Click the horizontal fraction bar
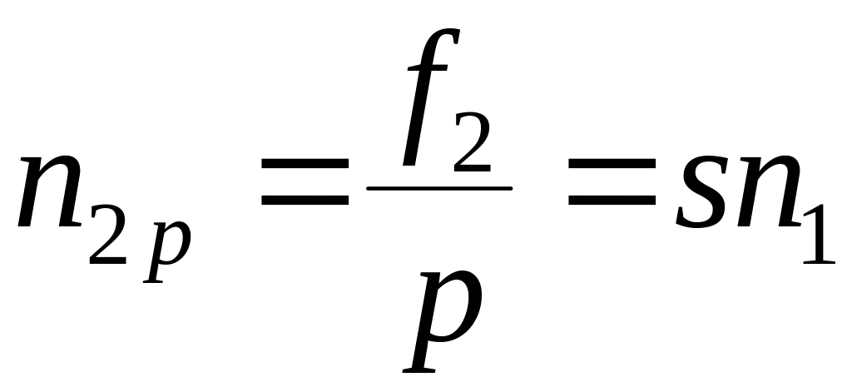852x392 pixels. coord(439,188)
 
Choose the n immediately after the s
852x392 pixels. coord(765,193)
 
